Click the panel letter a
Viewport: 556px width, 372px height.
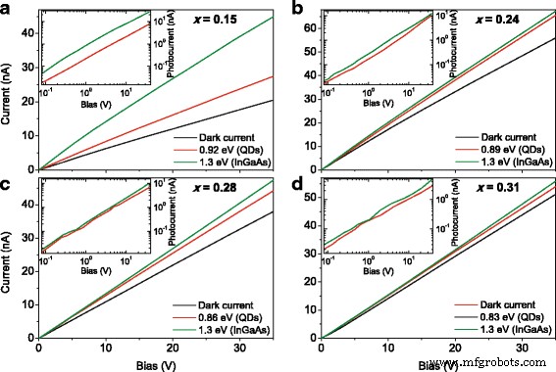click(x=8, y=9)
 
